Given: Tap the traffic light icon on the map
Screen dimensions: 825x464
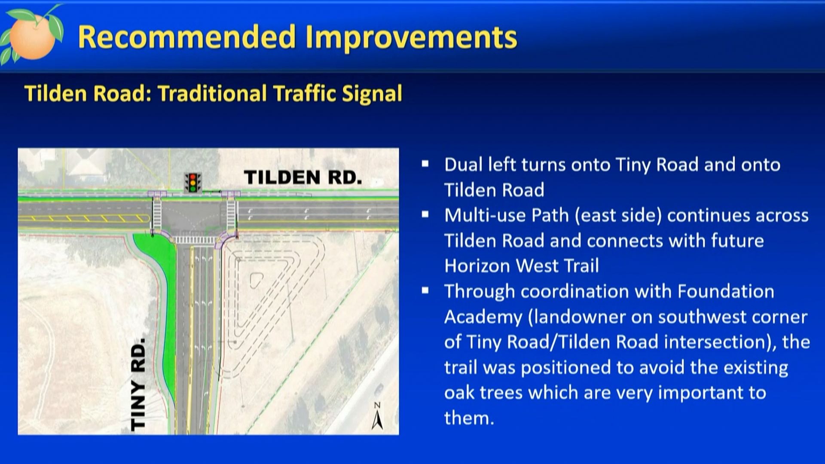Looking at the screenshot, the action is tap(193, 183).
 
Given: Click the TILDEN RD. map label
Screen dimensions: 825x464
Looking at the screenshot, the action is tap(303, 177).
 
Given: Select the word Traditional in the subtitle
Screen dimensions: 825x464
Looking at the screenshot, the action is tap(212, 93).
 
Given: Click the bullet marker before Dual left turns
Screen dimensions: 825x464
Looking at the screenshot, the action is tap(425, 164).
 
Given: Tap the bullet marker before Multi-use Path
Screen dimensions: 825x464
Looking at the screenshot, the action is tap(425, 214).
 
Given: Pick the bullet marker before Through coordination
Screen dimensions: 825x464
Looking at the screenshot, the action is tap(425, 290).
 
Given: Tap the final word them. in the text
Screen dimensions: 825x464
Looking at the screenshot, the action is tap(469, 418).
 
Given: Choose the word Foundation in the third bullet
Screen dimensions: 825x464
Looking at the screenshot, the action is tap(726, 292).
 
